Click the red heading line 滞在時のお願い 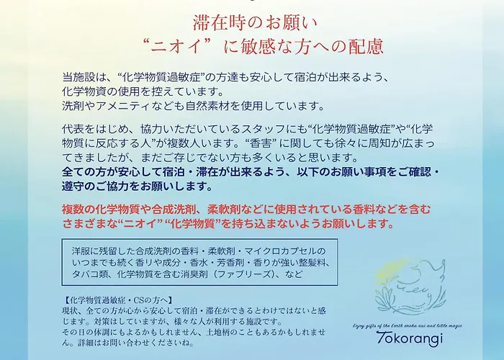(255, 23)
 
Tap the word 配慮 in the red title (366, 46)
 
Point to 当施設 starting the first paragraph (74, 78)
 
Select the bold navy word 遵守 (73, 186)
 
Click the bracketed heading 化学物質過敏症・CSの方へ (117, 300)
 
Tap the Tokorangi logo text (410, 338)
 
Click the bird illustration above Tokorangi (410, 286)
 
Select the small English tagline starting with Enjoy (408, 325)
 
